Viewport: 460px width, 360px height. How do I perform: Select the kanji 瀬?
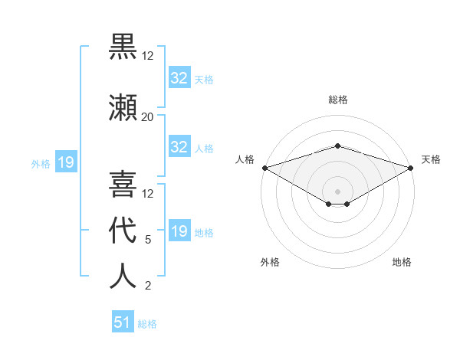[x=123, y=106]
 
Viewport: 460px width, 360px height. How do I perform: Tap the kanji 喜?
[x=123, y=184]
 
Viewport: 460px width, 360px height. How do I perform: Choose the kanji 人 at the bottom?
[x=123, y=276]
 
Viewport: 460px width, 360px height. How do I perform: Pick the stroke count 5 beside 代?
[x=147, y=240]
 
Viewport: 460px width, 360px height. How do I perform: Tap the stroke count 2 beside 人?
[x=147, y=286]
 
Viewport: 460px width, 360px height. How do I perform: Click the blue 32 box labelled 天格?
[x=179, y=78]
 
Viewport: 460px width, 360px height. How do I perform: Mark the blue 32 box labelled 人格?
[x=179, y=147]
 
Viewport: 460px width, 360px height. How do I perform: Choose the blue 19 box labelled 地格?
[x=179, y=231]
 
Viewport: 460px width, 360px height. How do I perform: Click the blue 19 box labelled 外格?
[x=65, y=162]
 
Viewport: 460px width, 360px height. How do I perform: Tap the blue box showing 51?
[x=122, y=322]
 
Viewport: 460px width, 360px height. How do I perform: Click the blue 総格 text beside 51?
[x=147, y=324]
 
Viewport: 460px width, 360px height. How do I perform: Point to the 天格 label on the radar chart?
[x=432, y=159]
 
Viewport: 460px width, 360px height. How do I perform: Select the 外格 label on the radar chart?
[x=270, y=262]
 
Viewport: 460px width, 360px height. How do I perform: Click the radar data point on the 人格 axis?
[x=264, y=168]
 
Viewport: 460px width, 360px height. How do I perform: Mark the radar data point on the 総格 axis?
[x=337, y=146]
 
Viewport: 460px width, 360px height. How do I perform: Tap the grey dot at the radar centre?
[x=337, y=191]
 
